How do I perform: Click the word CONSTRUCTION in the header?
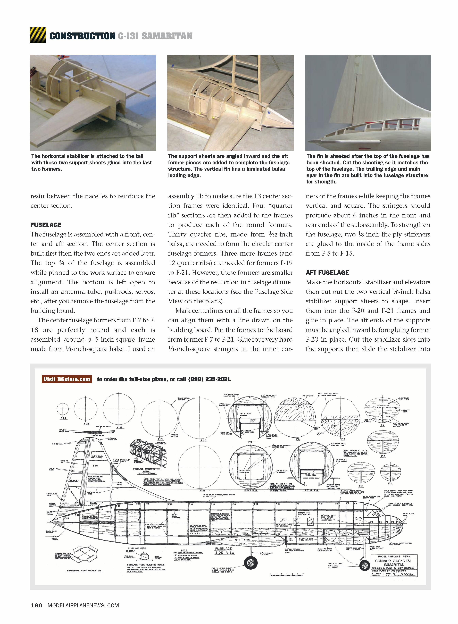[82, 36]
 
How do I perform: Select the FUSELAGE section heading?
[46, 225]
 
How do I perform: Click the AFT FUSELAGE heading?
[327, 273]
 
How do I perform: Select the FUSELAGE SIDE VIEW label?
[224, 551]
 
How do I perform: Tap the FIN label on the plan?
[95, 466]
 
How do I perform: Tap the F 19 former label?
[202, 491]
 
